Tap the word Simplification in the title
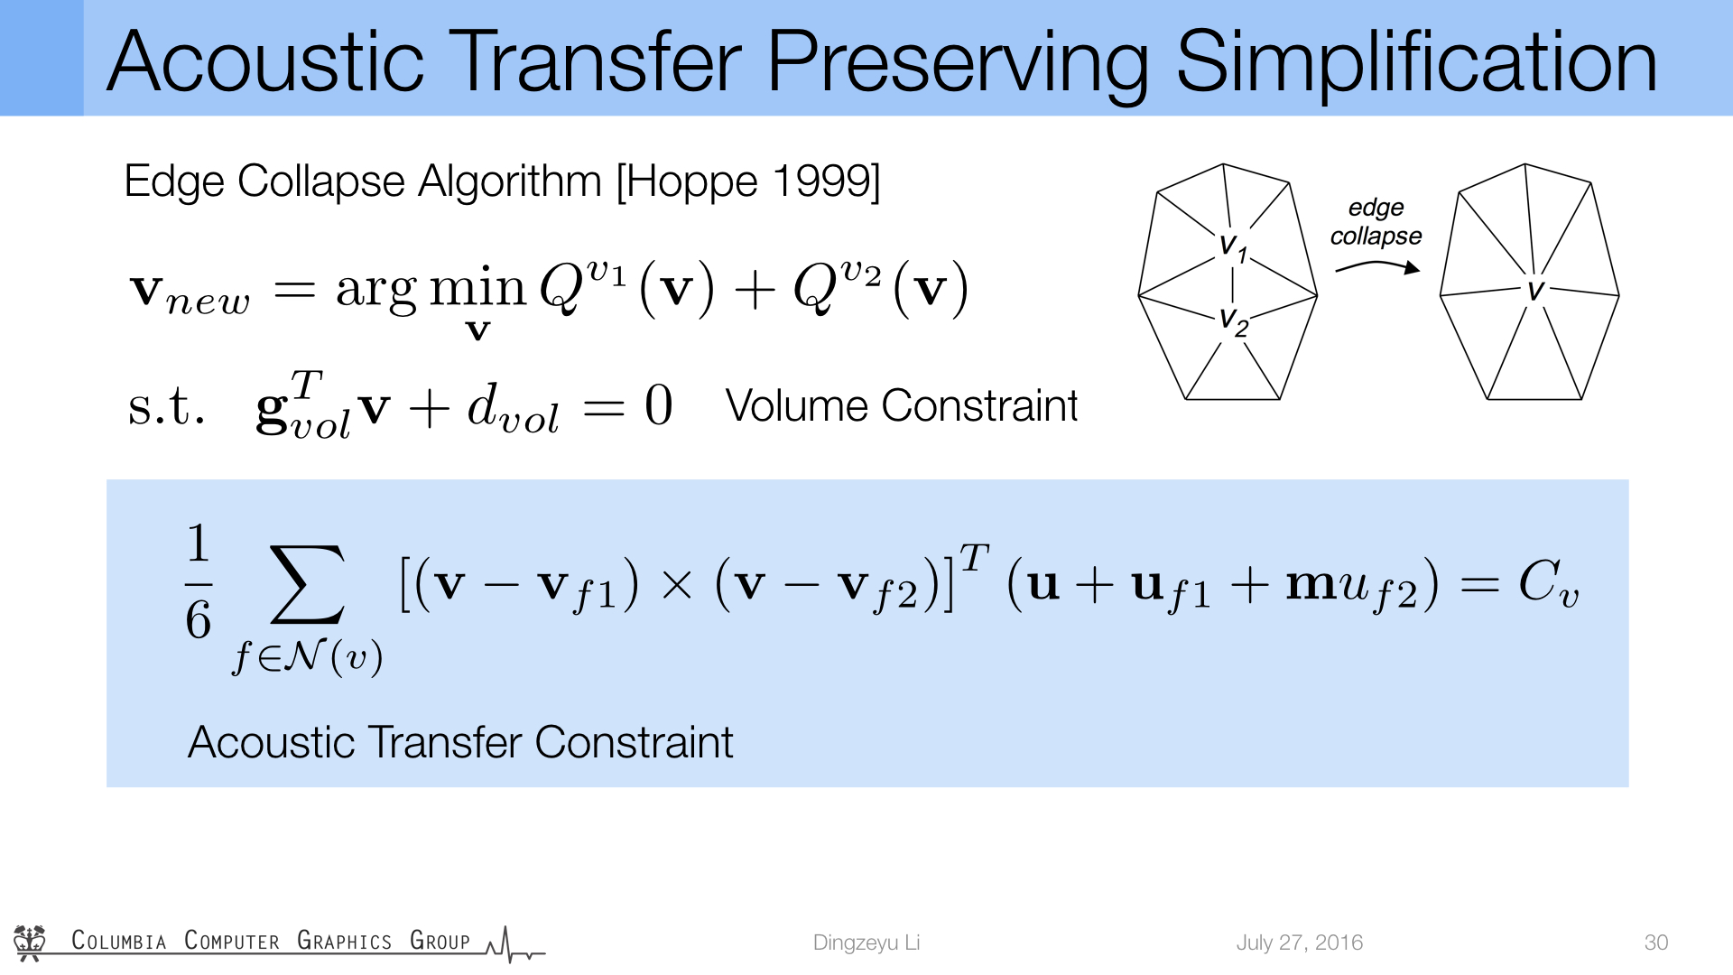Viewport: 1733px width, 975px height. coord(1416,63)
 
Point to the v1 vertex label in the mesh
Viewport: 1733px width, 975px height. coord(1233,246)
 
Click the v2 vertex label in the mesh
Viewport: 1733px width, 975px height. coord(1234,320)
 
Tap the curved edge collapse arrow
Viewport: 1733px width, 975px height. coord(1377,266)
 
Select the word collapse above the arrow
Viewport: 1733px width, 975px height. coord(1376,237)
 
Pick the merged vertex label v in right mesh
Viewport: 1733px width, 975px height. coord(1535,290)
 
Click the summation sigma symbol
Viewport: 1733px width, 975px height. coord(307,584)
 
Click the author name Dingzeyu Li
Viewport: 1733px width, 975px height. coord(866,942)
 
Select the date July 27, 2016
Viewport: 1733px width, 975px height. coord(1300,942)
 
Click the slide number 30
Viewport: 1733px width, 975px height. coord(1656,942)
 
